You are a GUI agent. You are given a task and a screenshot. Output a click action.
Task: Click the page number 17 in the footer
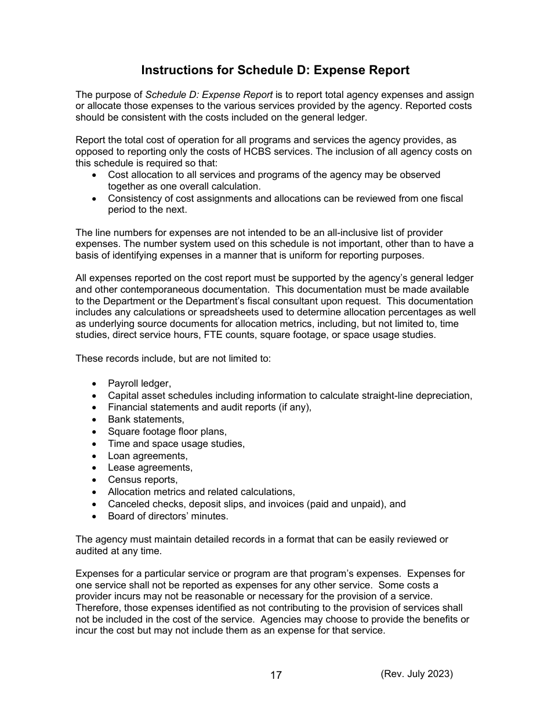[276, 675]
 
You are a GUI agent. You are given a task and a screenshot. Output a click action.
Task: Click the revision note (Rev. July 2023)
[416, 674]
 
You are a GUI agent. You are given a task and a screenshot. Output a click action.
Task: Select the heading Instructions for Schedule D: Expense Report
[275, 70]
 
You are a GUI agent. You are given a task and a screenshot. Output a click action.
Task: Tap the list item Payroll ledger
[139, 384]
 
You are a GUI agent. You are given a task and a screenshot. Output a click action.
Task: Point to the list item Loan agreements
[147, 456]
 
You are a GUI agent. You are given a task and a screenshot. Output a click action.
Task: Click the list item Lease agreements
[150, 468]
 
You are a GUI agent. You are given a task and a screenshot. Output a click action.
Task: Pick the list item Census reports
[143, 480]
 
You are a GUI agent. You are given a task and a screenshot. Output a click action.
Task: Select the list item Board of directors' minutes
[168, 516]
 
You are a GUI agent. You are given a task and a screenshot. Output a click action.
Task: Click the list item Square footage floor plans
[167, 432]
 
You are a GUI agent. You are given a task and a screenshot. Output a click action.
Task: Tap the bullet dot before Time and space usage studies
[95, 444]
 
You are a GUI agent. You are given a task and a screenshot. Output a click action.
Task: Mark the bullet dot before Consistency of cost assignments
[95, 199]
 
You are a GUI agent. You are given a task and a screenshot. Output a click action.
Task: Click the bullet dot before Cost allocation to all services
[95, 175]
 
